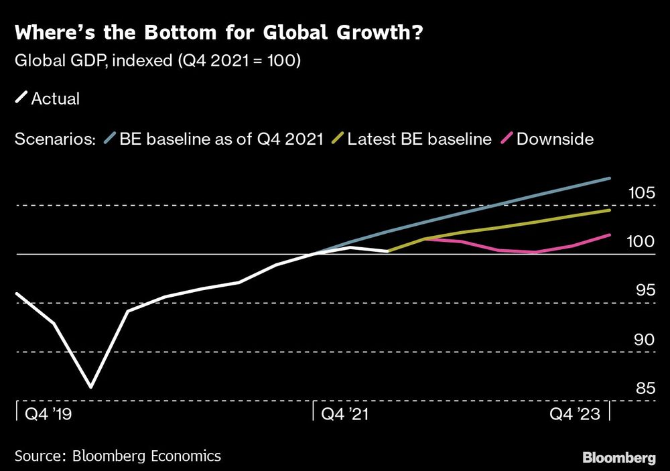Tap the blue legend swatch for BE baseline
(x=111, y=139)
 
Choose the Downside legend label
(x=555, y=139)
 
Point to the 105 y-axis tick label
(x=641, y=194)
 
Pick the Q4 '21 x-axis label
(x=345, y=414)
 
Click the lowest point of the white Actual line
(x=90, y=387)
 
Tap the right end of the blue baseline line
(x=610, y=178)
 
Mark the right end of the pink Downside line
(x=610, y=235)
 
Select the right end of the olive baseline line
(x=610, y=210)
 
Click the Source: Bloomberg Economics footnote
(x=118, y=456)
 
